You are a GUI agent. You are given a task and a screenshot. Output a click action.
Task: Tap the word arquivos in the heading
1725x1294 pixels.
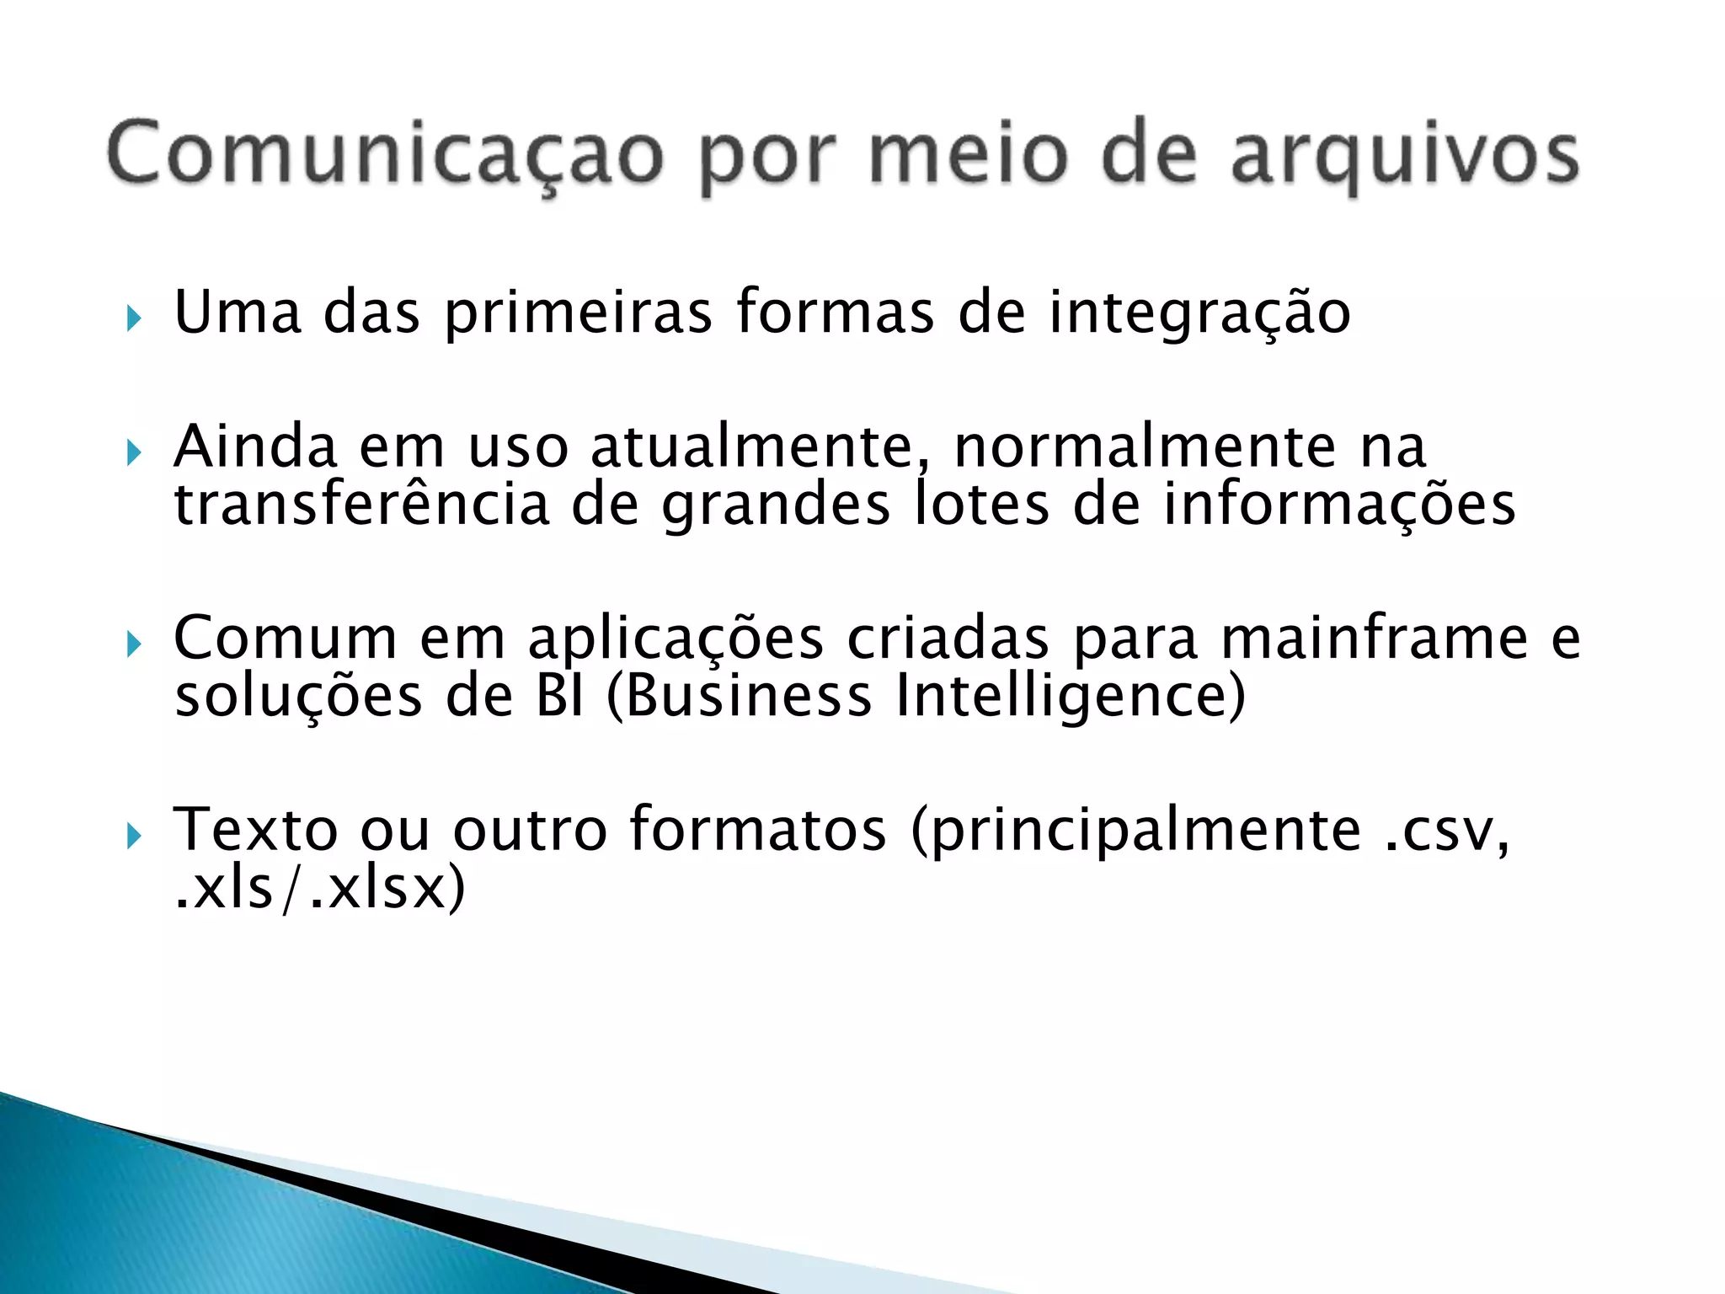tap(1404, 156)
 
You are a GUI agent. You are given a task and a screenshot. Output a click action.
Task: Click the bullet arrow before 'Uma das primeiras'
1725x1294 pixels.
tap(133, 318)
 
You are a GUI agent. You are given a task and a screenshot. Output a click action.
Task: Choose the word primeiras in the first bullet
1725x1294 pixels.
tap(579, 313)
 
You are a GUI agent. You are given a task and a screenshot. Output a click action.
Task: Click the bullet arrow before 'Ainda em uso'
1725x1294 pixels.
tap(133, 453)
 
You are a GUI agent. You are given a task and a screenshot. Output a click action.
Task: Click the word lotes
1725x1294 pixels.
tap(982, 504)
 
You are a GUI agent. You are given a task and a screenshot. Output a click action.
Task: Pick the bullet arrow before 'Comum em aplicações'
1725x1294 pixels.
tap(133, 645)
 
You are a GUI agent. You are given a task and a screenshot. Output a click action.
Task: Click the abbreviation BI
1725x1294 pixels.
tap(559, 697)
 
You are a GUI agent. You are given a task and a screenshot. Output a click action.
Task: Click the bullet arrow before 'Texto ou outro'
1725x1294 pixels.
tap(133, 837)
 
